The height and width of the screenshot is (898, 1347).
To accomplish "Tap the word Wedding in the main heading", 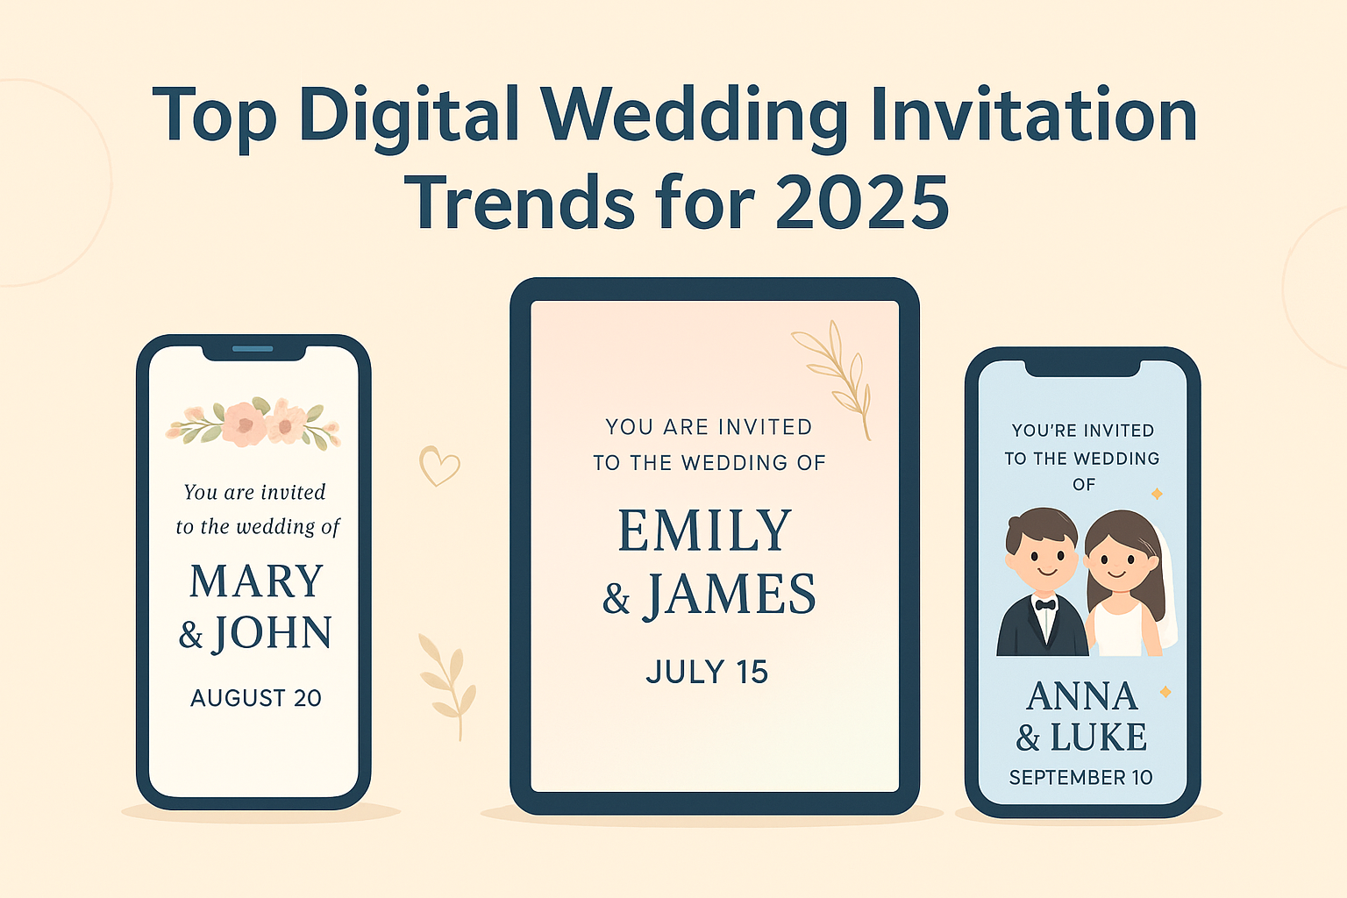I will point(694,116).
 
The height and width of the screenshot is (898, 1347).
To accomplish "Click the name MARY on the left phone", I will point(256,581).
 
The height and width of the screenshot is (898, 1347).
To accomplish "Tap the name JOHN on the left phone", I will point(273,633).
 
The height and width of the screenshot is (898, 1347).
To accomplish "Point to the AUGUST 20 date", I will point(256,698).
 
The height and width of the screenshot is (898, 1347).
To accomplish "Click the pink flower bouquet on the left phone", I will point(253,423).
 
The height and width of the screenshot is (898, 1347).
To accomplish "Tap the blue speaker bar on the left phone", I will point(253,349).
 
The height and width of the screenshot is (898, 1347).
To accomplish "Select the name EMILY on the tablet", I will point(705,531).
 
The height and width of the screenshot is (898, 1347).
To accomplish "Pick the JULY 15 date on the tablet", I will point(707,673).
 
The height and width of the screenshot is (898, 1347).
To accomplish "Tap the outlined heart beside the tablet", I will point(438,466).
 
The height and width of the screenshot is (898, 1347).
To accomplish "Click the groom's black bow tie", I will point(1044,604).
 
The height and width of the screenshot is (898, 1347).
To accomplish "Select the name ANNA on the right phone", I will point(1082,697).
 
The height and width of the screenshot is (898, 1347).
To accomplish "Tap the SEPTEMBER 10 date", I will point(1080,778).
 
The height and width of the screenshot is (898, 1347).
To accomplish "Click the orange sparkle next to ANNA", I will point(1165,692).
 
